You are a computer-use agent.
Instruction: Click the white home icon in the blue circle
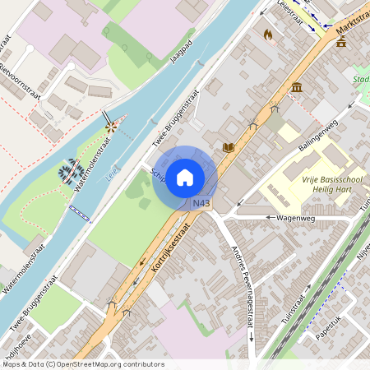click(x=185, y=178)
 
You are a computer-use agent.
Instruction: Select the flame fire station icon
click(x=267, y=35)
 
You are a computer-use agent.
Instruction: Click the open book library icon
click(x=229, y=147)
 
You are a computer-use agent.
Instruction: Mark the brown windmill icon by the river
click(x=112, y=127)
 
